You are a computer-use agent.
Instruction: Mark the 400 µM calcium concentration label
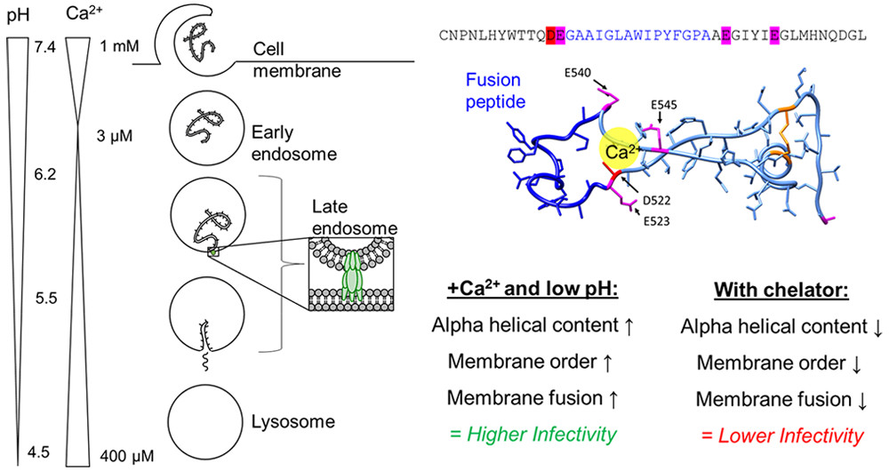(x=121, y=454)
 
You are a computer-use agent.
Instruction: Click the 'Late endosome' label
(x=343, y=219)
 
